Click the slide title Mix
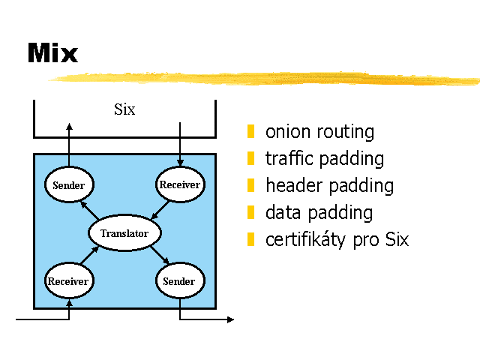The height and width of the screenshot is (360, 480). coord(52,53)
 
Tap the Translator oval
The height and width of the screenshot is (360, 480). coord(124,233)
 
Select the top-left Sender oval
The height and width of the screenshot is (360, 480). coord(68,185)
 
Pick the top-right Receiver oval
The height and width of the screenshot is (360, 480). coord(180,184)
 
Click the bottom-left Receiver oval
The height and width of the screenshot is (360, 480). coord(68,282)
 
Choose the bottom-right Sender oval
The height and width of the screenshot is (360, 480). coord(179,282)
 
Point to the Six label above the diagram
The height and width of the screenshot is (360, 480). coord(124,109)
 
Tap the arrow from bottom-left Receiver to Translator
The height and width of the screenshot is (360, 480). coord(90,255)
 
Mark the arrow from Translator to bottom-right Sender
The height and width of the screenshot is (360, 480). coord(159,257)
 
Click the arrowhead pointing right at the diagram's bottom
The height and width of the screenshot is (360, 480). coord(230,319)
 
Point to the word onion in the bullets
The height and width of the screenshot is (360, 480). coord(289,132)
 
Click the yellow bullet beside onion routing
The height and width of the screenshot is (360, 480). coord(251,132)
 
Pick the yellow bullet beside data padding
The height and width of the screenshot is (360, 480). coord(251,212)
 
